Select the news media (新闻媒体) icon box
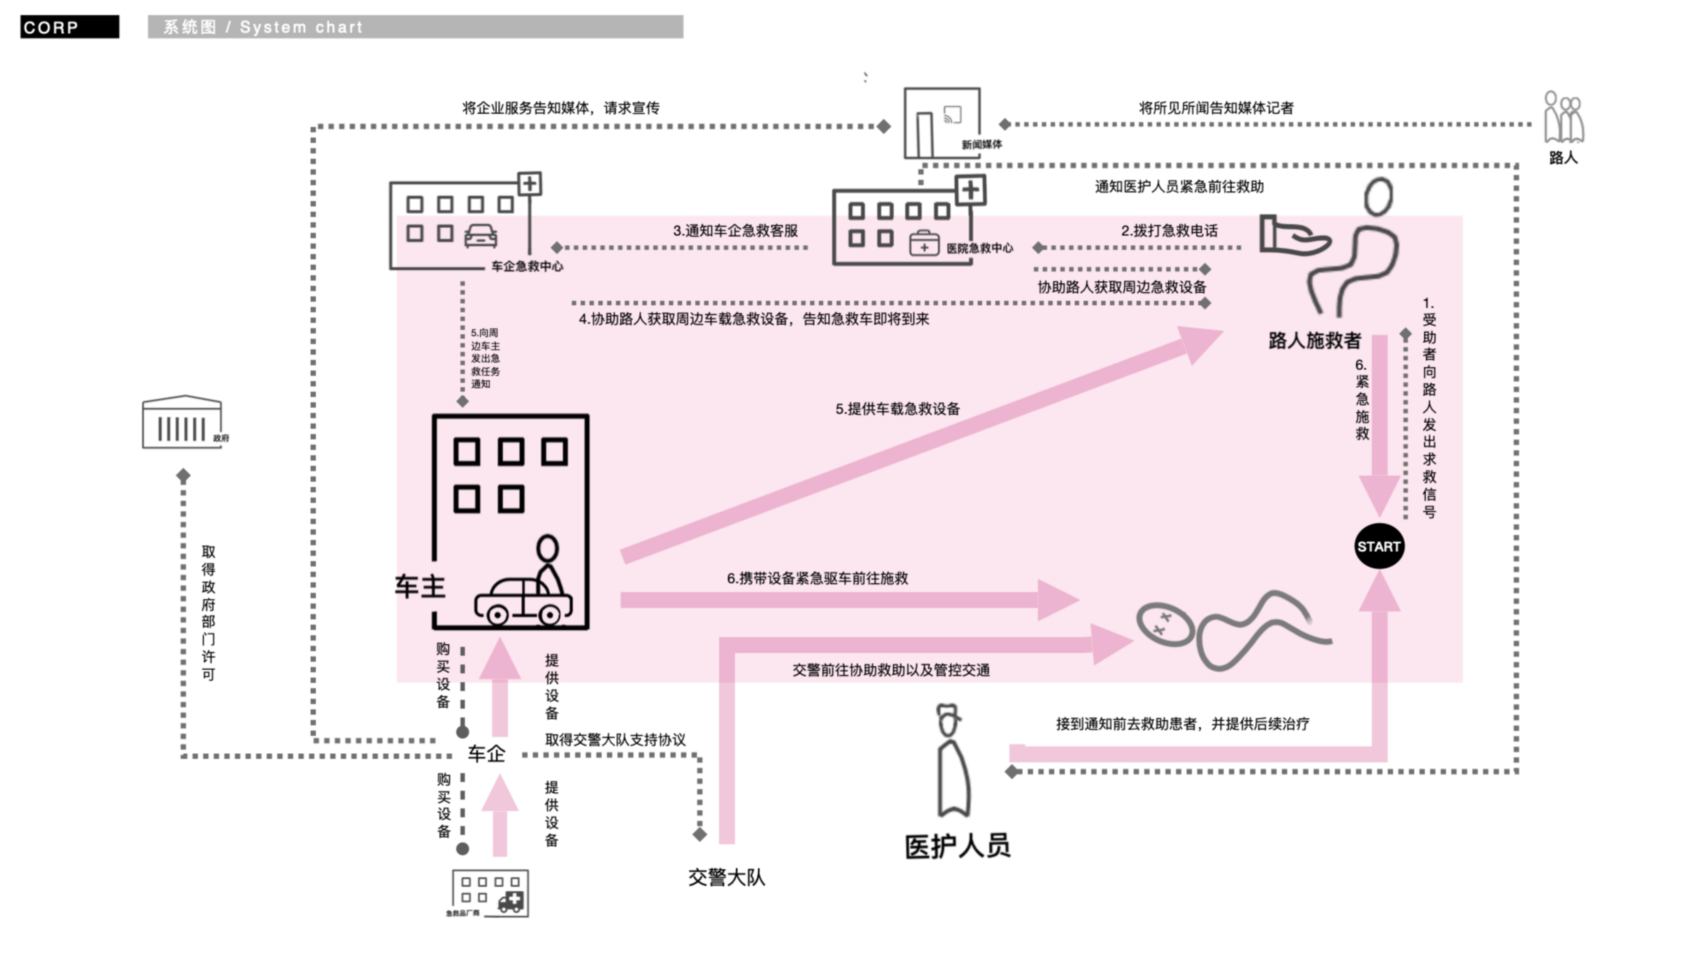pyautogui.click(x=942, y=123)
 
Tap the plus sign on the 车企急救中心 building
pyautogui.click(x=529, y=184)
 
